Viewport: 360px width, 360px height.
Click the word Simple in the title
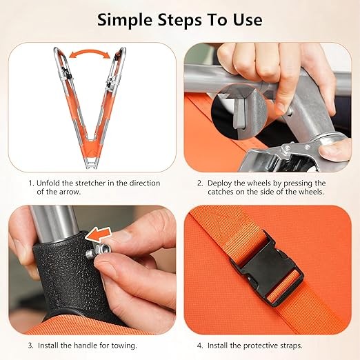click(124, 21)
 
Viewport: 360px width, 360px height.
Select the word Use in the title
click(248, 20)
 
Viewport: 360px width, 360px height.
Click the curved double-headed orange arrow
click(89, 53)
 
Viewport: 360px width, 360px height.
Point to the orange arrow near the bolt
click(99, 234)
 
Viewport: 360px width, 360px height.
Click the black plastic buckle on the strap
click(267, 268)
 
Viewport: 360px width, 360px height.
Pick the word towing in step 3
click(124, 346)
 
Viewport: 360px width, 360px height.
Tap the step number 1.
click(31, 183)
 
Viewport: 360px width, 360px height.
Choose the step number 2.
click(200, 183)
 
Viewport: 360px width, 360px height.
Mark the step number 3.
click(31, 346)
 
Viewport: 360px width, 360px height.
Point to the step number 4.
click(200, 346)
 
